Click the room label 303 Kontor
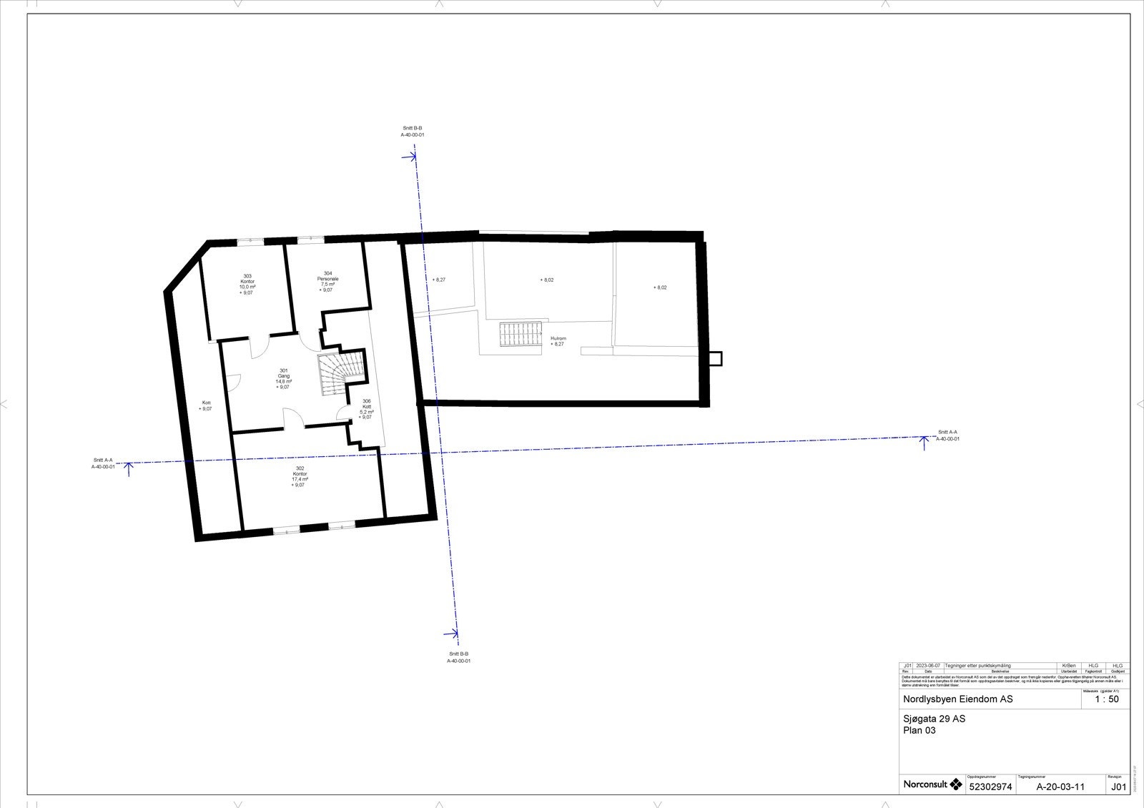pos(247,284)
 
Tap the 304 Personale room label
pos(327,281)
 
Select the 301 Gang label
pos(284,378)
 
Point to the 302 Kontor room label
pos(300,476)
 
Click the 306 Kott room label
pos(367,409)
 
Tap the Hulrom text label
pos(558,341)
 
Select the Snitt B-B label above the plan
pos(413,131)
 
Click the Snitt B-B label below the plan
pos(458,657)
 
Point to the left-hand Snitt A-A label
pos(103,463)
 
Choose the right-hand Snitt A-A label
pos(947,435)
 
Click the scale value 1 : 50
pos(1106,699)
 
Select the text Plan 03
pos(919,731)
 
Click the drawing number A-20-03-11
pos(1060,787)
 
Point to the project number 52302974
pos(990,787)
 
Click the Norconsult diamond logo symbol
pos(955,784)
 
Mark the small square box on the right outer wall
pos(715,358)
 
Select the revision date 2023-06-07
pos(928,666)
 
